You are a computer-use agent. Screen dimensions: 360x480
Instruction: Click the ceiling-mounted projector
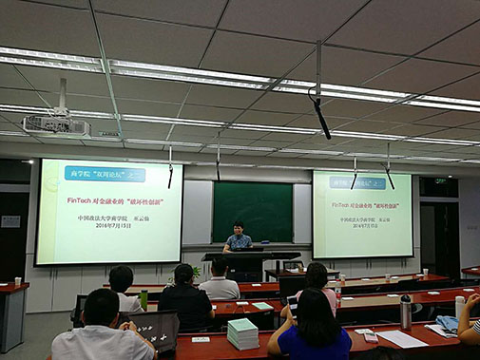[x=54, y=124]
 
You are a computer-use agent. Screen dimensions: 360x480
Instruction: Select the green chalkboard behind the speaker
[x=252, y=211]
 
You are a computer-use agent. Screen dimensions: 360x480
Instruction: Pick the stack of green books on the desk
[x=242, y=333]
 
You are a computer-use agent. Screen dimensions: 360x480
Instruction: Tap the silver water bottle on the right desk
[x=406, y=312]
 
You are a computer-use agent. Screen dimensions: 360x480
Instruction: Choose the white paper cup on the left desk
[x=18, y=281]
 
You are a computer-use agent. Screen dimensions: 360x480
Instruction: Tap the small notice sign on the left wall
[x=10, y=221]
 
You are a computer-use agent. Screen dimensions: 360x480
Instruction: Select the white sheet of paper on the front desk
[x=400, y=338]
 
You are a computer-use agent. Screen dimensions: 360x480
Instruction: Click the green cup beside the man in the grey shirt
[x=144, y=300]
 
